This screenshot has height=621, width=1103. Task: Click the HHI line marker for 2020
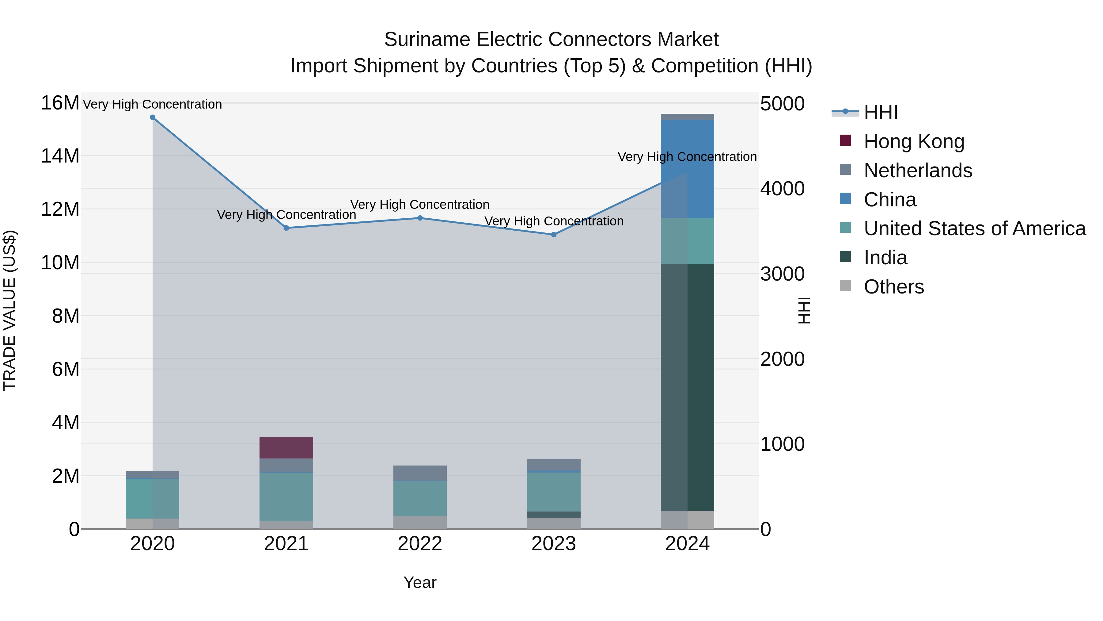[x=153, y=117]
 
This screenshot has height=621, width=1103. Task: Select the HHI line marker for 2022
[x=420, y=218]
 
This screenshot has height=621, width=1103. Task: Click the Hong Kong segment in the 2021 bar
[x=286, y=448]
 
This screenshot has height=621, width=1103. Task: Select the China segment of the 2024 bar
[x=687, y=169]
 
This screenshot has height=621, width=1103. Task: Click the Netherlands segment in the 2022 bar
[x=420, y=473]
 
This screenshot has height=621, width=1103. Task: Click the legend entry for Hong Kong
[x=914, y=141]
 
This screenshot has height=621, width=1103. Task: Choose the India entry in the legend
[x=885, y=258]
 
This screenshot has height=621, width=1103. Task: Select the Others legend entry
[x=894, y=287]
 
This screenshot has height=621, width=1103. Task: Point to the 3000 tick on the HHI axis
[x=782, y=274]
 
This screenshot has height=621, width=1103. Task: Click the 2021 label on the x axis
[x=286, y=544]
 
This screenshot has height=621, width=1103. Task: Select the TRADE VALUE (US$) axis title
[x=10, y=310]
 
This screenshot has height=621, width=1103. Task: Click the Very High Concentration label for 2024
[x=687, y=157]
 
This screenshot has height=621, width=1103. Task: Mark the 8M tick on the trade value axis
[x=66, y=316]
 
